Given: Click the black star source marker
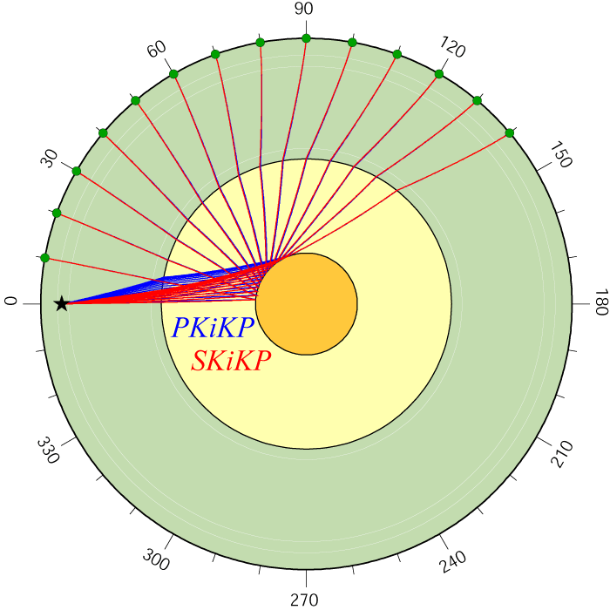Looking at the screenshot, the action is coord(62,304).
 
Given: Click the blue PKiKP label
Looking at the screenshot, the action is coord(213,327).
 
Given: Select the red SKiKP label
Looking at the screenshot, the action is coord(231,361).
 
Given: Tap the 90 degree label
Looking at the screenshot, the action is coord(304,9).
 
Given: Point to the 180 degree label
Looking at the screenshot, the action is coord(601,302).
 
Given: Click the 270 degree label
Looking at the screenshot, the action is coord(304,600).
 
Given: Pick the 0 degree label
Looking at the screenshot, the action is coord(10,302).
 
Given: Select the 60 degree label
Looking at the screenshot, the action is coord(157,49).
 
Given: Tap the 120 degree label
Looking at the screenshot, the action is coord(452,47).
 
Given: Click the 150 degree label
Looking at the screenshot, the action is coord(561,154).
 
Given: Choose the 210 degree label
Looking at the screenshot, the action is coord(562,454).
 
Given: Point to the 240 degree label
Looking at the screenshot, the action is coord(452,562).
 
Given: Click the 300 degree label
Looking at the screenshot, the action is coord(156,559).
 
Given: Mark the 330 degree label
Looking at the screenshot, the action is coord(48,451).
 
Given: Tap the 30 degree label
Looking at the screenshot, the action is coord(50,159).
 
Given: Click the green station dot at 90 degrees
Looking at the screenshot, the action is coord(306,38).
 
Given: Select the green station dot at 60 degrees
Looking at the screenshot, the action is coord(173,74).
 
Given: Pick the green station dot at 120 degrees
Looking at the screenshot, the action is coord(439,74).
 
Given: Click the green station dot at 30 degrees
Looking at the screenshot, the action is coord(77,171).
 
